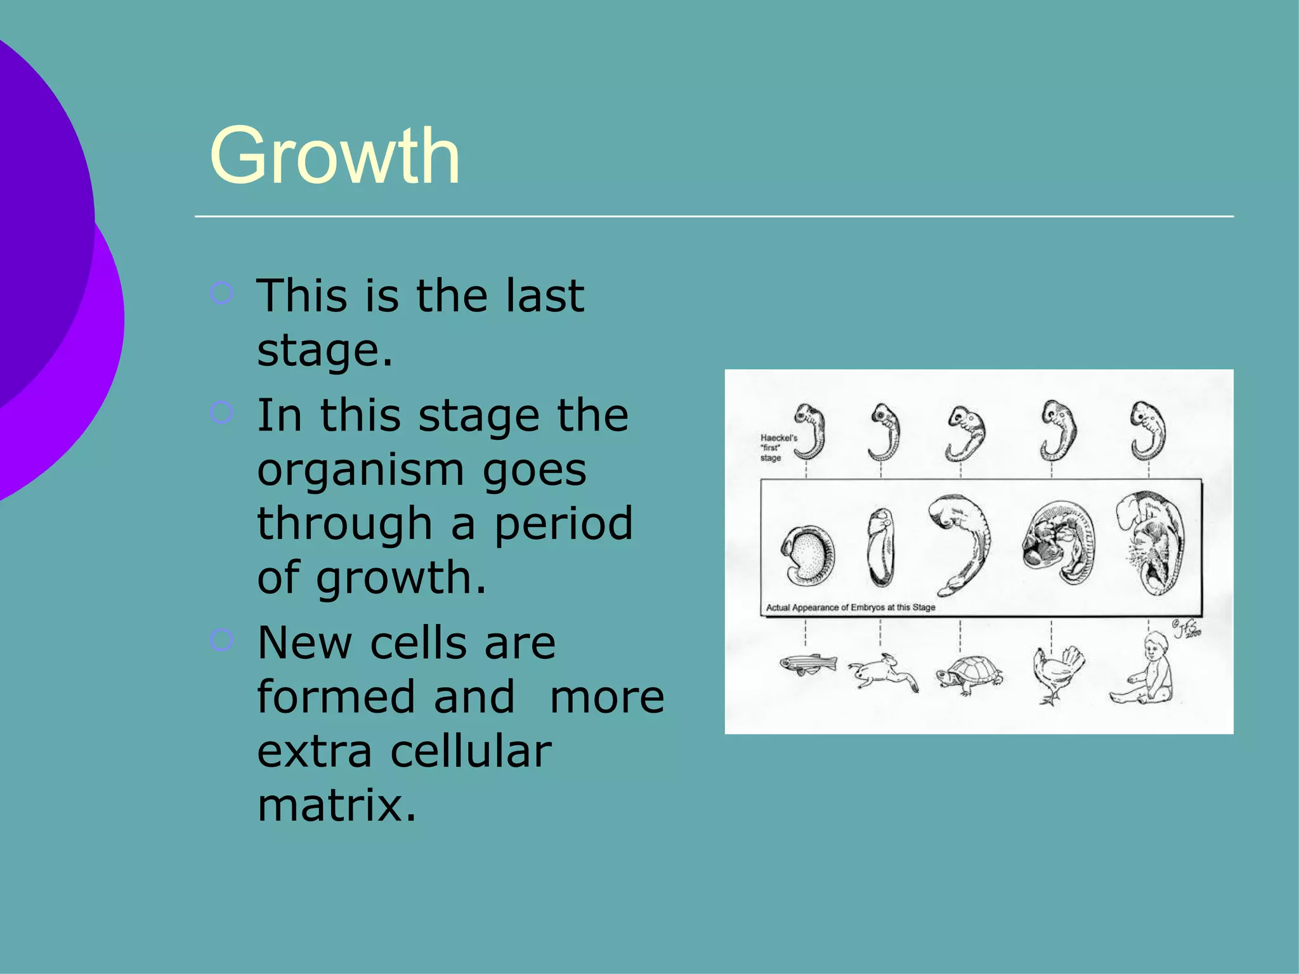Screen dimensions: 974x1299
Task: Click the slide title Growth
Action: pyautogui.click(x=334, y=156)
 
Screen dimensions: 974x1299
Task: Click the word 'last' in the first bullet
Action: pyautogui.click(x=544, y=296)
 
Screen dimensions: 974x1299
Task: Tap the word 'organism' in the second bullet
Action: pyautogui.click(x=360, y=470)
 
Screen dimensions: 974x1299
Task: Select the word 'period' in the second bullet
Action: pyautogui.click(x=563, y=524)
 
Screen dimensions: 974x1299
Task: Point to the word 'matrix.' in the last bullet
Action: pyautogui.click(x=337, y=805)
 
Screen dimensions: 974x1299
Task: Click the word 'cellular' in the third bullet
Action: pyautogui.click(x=471, y=751)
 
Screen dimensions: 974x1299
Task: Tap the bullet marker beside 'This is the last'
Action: pyautogui.click(x=221, y=293)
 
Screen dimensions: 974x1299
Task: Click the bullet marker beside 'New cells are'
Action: pyautogui.click(x=221, y=640)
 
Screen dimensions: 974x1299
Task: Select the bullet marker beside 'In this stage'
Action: pyautogui.click(x=221, y=413)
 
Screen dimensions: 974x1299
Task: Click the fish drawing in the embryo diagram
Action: pyautogui.click(x=807, y=665)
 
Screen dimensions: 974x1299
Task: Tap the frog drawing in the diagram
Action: pyautogui.click(x=883, y=673)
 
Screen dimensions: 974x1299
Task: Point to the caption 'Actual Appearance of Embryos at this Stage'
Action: pyautogui.click(x=851, y=607)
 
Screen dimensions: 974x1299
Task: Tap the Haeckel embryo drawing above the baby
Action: pyautogui.click(x=1148, y=431)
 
